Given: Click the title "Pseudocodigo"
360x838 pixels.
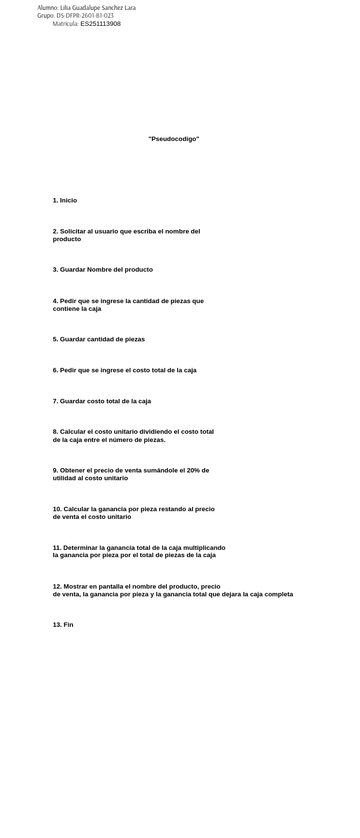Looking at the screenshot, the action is click(173, 139).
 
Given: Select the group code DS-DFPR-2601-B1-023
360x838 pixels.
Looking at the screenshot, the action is click(85, 15).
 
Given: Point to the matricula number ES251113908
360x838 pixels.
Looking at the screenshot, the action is click(100, 23).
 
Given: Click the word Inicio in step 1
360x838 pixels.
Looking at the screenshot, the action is click(68, 200).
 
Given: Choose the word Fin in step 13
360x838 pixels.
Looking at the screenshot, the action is click(68, 624).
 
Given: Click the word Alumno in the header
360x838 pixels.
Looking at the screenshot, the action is click(47, 7).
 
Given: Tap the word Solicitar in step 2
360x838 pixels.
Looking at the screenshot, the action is click(75, 231).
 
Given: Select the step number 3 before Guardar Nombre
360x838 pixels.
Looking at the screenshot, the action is click(55, 269).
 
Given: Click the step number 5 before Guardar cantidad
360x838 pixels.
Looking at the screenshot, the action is click(55, 339).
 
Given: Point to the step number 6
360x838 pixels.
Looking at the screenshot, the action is click(55, 370).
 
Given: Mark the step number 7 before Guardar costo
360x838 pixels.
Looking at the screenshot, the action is click(55, 401).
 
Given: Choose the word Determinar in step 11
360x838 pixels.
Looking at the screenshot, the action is click(82, 547).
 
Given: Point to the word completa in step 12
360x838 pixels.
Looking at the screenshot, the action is click(277, 594).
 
